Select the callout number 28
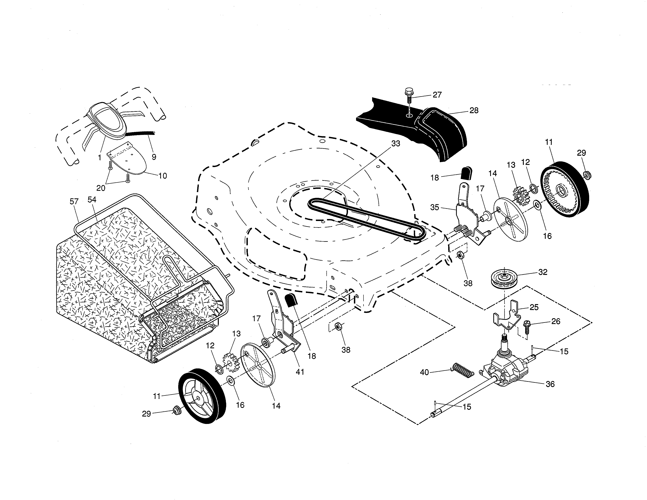(x=474, y=110)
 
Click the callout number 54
(x=92, y=200)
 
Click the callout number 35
(x=435, y=207)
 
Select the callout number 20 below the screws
(x=101, y=188)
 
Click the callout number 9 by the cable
(x=154, y=157)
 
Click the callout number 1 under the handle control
(x=100, y=158)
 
